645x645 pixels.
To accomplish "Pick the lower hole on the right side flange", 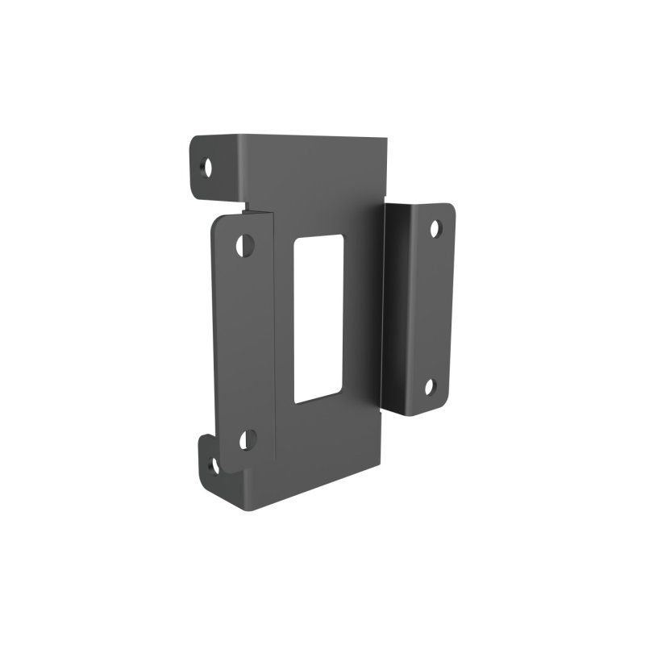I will pyautogui.click(x=431, y=388).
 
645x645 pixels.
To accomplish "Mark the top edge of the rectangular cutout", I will pyautogui.click(x=321, y=237).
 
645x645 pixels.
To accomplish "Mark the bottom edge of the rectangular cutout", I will pyautogui.click(x=319, y=402).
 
